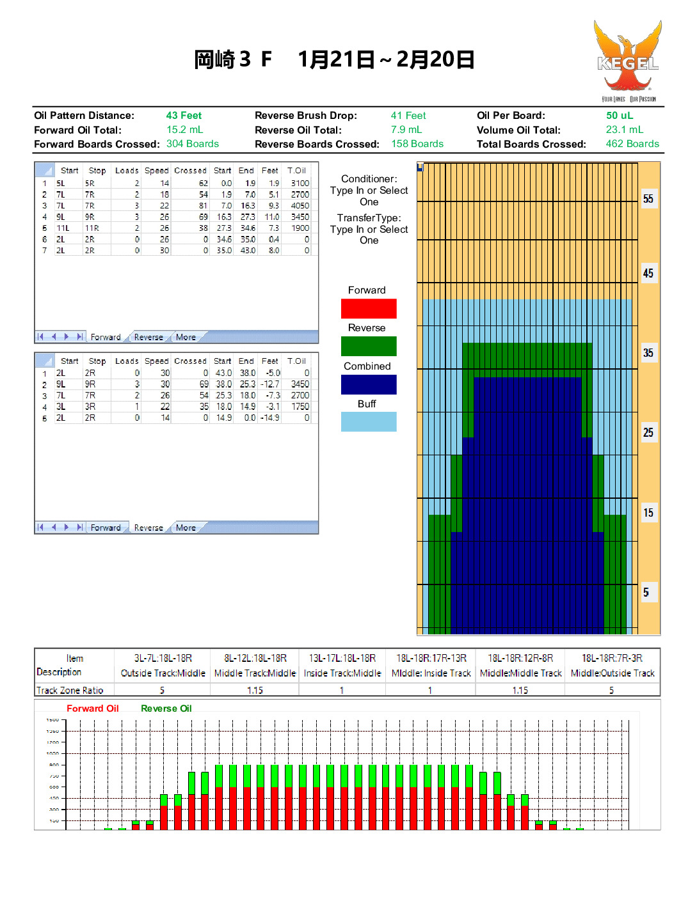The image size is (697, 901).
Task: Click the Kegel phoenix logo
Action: [627, 59]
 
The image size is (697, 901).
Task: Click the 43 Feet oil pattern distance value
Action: [184, 116]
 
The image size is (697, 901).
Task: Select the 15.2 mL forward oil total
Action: [184, 130]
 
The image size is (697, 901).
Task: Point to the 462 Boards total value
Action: [632, 144]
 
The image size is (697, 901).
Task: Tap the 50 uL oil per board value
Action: [619, 116]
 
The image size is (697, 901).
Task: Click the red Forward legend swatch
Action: [369, 309]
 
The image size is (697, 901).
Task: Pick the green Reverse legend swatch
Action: [369, 346]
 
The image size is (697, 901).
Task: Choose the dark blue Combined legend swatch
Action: [369, 384]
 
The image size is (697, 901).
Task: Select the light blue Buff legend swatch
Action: [369, 422]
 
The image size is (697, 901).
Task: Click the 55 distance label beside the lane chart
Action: [648, 199]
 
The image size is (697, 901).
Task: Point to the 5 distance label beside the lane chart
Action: [646, 593]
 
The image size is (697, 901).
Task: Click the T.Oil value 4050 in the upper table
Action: [300, 206]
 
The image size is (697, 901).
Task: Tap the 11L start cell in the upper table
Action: [63, 228]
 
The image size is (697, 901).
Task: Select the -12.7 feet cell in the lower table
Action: [270, 384]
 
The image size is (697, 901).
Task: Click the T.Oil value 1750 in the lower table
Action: [300, 407]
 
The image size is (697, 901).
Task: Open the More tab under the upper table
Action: [186, 338]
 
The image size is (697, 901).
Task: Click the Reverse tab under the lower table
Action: [148, 528]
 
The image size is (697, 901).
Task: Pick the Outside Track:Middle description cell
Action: [163, 673]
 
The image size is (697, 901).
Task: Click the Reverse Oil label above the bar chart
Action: [166, 709]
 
